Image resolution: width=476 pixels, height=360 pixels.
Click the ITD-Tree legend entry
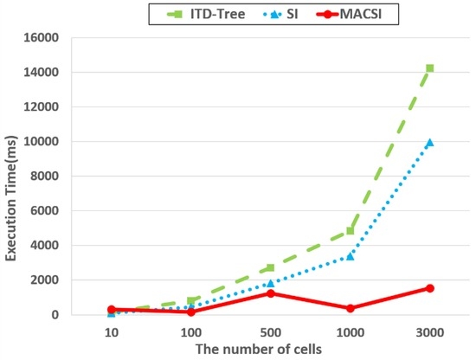pyautogui.click(x=206, y=14)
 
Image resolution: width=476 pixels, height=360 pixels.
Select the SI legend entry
pyautogui.click(x=280, y=14)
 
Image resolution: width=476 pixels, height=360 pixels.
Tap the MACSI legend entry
pyautogui.click(x=349, y=14)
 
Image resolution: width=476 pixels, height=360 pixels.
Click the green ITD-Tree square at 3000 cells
pyautogui.click(x=429, y=68)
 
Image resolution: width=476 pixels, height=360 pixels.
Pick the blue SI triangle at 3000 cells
pyautogui.click(x=429, y=143)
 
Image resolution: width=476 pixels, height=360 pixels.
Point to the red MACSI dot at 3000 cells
pyautogui.click(x=430, y=288)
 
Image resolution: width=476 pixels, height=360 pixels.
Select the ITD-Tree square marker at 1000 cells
pyautogui.click(x=350, y=231)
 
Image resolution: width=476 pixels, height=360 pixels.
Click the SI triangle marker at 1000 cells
pyautogui.click(x=350, y=256)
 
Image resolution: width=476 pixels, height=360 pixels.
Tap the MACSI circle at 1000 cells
pyautogui.click(x=350, y=308)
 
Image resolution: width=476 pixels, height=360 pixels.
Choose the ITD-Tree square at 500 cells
pyautogui.click(x=271, y=267)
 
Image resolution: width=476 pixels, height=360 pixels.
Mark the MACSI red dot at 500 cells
pyautogui.click(x=271, y=293)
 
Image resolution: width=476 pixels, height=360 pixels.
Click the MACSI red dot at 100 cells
pyautogui.click(x=191, y=312)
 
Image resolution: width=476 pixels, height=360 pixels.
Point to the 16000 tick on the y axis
pyautogui.click(x=41, y=38)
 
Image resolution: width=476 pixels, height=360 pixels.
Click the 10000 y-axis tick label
pyautogui.click(x=41, y=142)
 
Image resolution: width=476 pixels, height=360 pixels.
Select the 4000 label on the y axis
pyautogui.click(x=44, y=246)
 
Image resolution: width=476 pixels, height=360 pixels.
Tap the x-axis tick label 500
pyautogui.click(x=271, y=333)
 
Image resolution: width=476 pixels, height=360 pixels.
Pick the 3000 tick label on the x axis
pyautogui.click(x=430, y=333)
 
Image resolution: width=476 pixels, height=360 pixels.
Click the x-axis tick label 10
pyautogui.click(x=112, y=333)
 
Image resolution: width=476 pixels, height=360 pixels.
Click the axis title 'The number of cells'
pyautogui.click(x=259, y=350)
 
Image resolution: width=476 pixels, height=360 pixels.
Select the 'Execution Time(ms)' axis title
pyautogui.click(x=11, y=198)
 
